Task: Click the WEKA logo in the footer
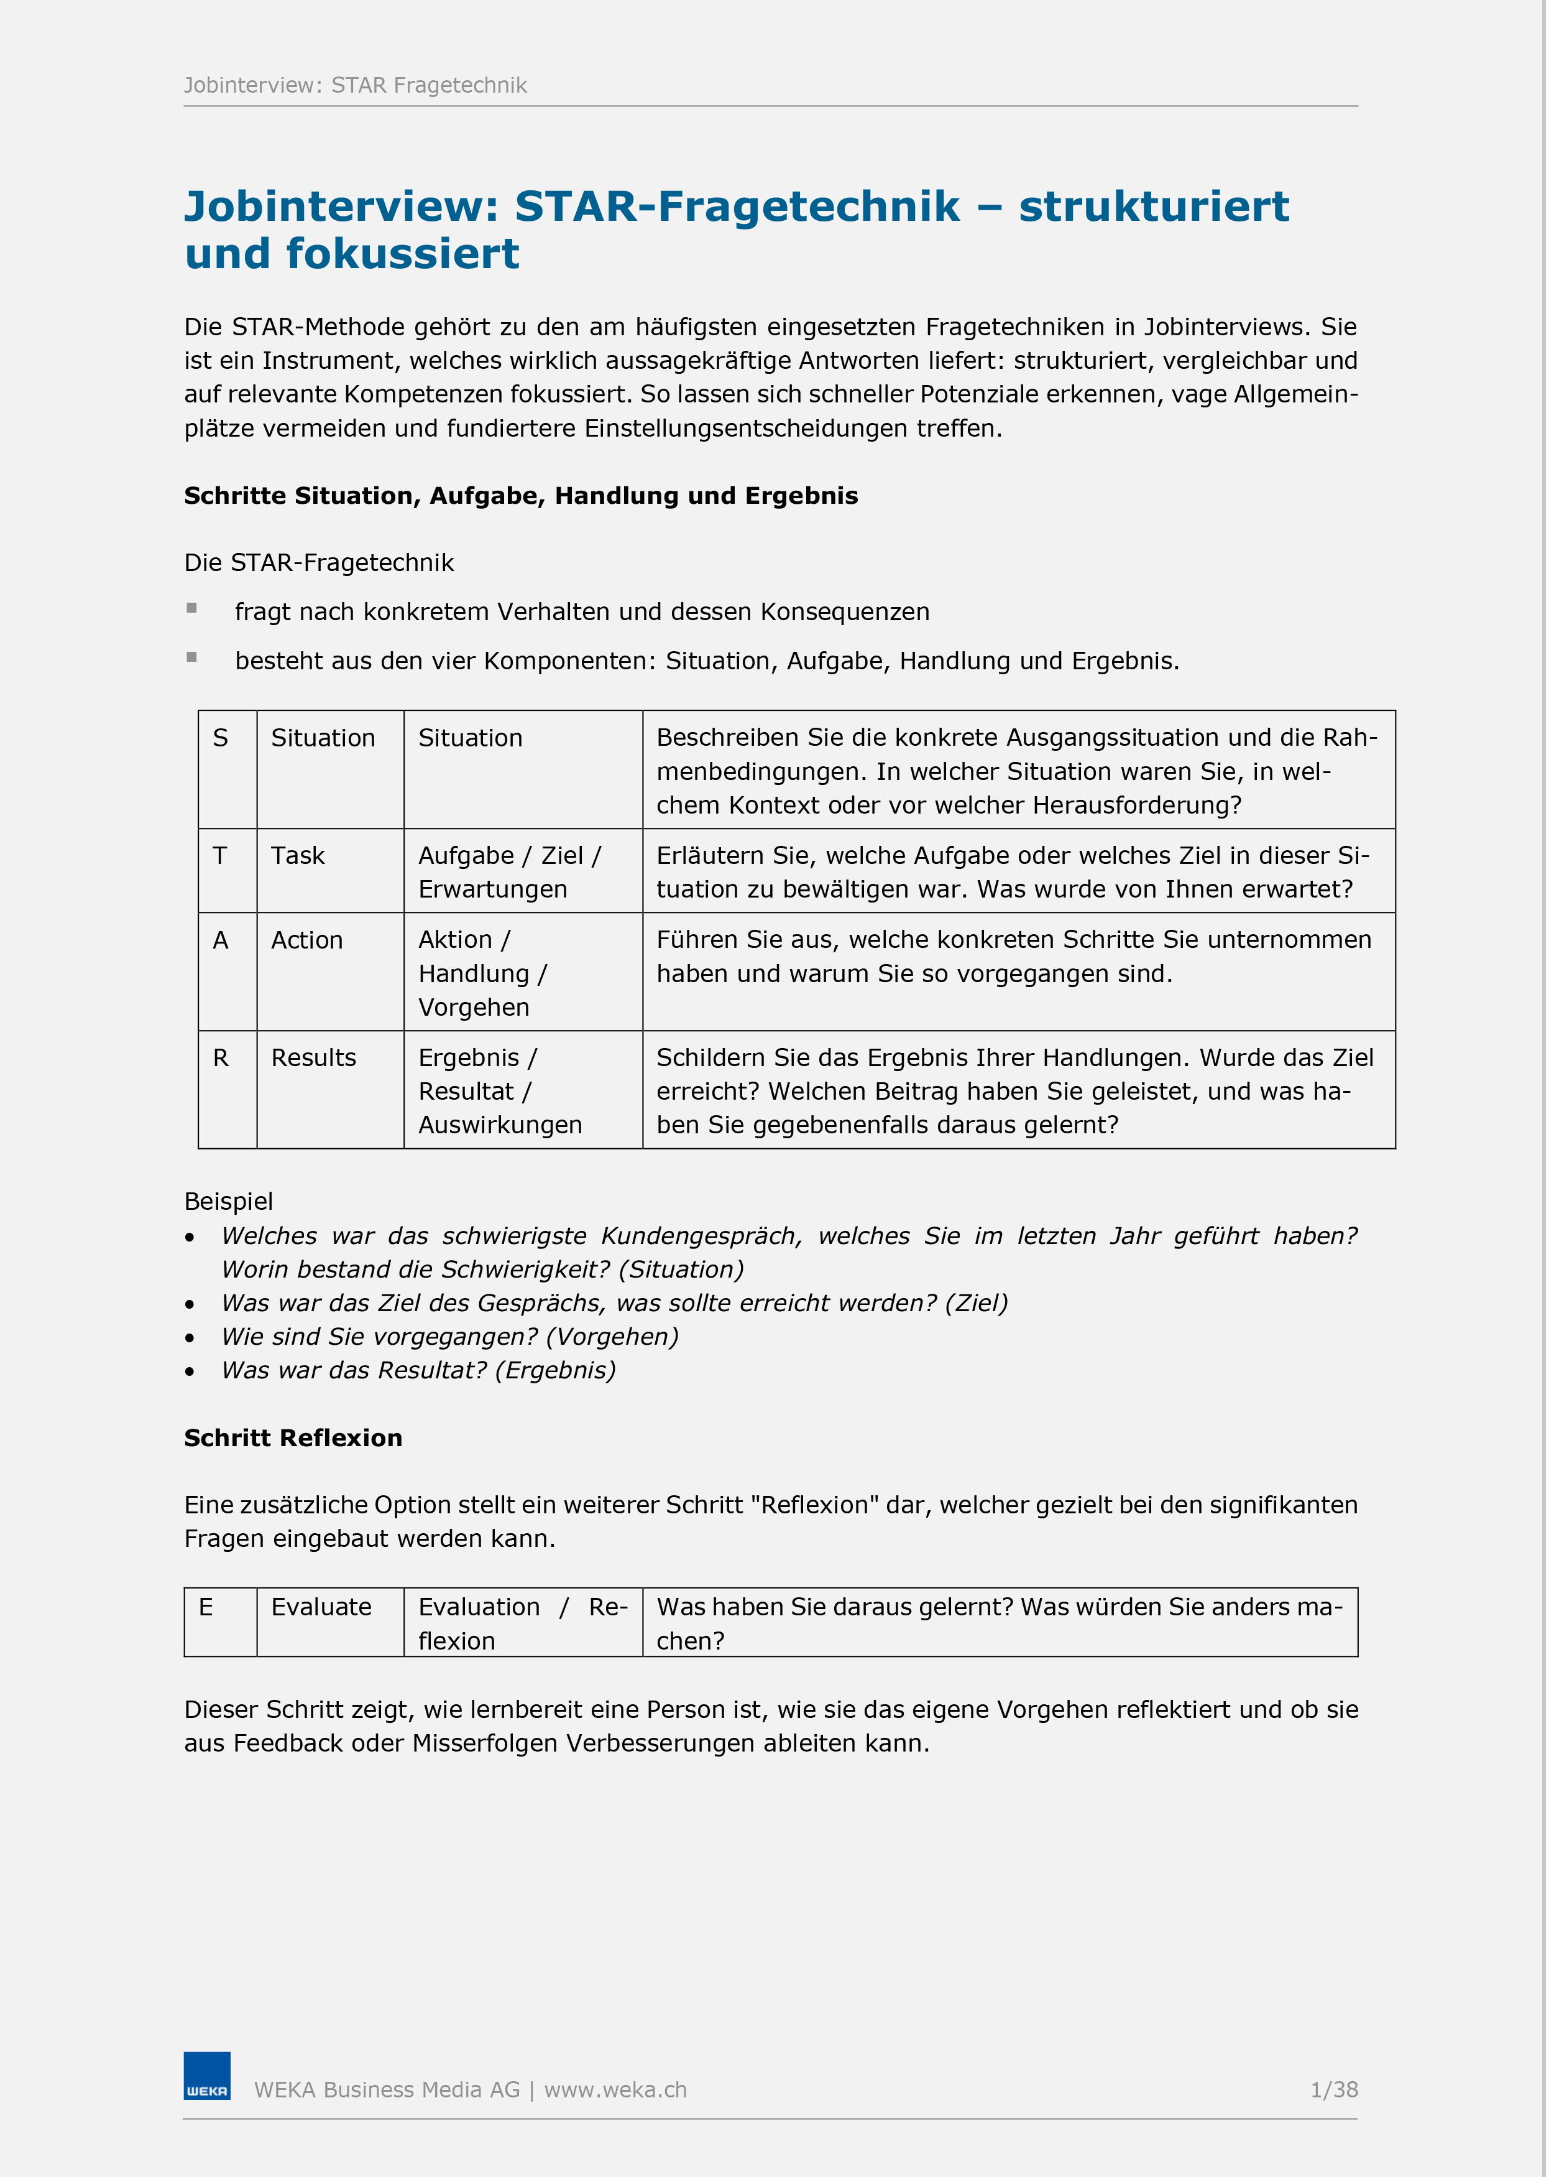(x=207, y=2076)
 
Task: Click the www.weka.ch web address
(x=615, y=2090)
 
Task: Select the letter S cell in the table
(x=221, y=738)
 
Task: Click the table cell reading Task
(x=298, y=856)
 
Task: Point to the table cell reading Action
(x=306, y=940)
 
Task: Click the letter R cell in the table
(x=221, y=1058)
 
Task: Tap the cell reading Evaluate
(x=321, y=1607)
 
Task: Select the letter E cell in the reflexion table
(x=206, y=1607)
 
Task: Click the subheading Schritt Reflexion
(x=293, y=1438)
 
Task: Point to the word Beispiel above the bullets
(x=229, y=1202)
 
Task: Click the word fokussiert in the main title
(x=402, y=254)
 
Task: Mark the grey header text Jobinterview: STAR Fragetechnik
(x=355, y=85)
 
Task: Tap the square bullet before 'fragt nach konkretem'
(x=191, y=608)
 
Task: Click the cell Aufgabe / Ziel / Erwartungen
(x=509, y=872)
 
